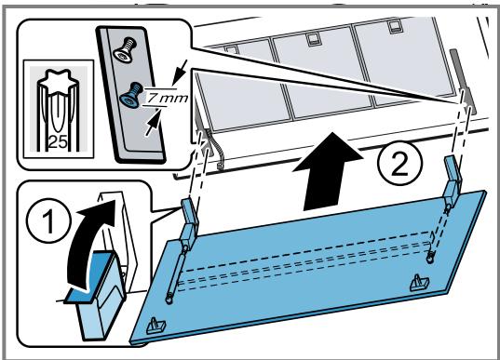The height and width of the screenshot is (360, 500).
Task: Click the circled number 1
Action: [x=48, y=220]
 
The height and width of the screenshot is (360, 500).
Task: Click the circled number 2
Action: [x=400, y=164]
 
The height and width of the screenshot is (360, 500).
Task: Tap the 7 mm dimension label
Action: [x=167, y=98]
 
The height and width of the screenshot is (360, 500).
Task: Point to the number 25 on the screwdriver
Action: [x=59, y=142]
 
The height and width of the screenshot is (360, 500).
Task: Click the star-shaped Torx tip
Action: [x=59, y=80]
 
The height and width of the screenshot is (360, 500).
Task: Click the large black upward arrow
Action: [x=328, y=171]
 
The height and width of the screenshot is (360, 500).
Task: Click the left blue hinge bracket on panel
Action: [x=189, y=222]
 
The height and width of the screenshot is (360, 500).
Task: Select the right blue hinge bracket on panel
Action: [x=453, y=180]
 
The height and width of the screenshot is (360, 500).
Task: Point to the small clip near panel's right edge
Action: [x=418, y=282]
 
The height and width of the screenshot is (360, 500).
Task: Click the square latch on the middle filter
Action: [x=312, y=40]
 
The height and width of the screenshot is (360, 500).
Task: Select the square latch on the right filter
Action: [x=395, y=27]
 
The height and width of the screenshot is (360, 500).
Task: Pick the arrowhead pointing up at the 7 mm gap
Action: [x=153, y=122]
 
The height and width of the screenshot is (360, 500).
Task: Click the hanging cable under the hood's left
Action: [x=216, y=149]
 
